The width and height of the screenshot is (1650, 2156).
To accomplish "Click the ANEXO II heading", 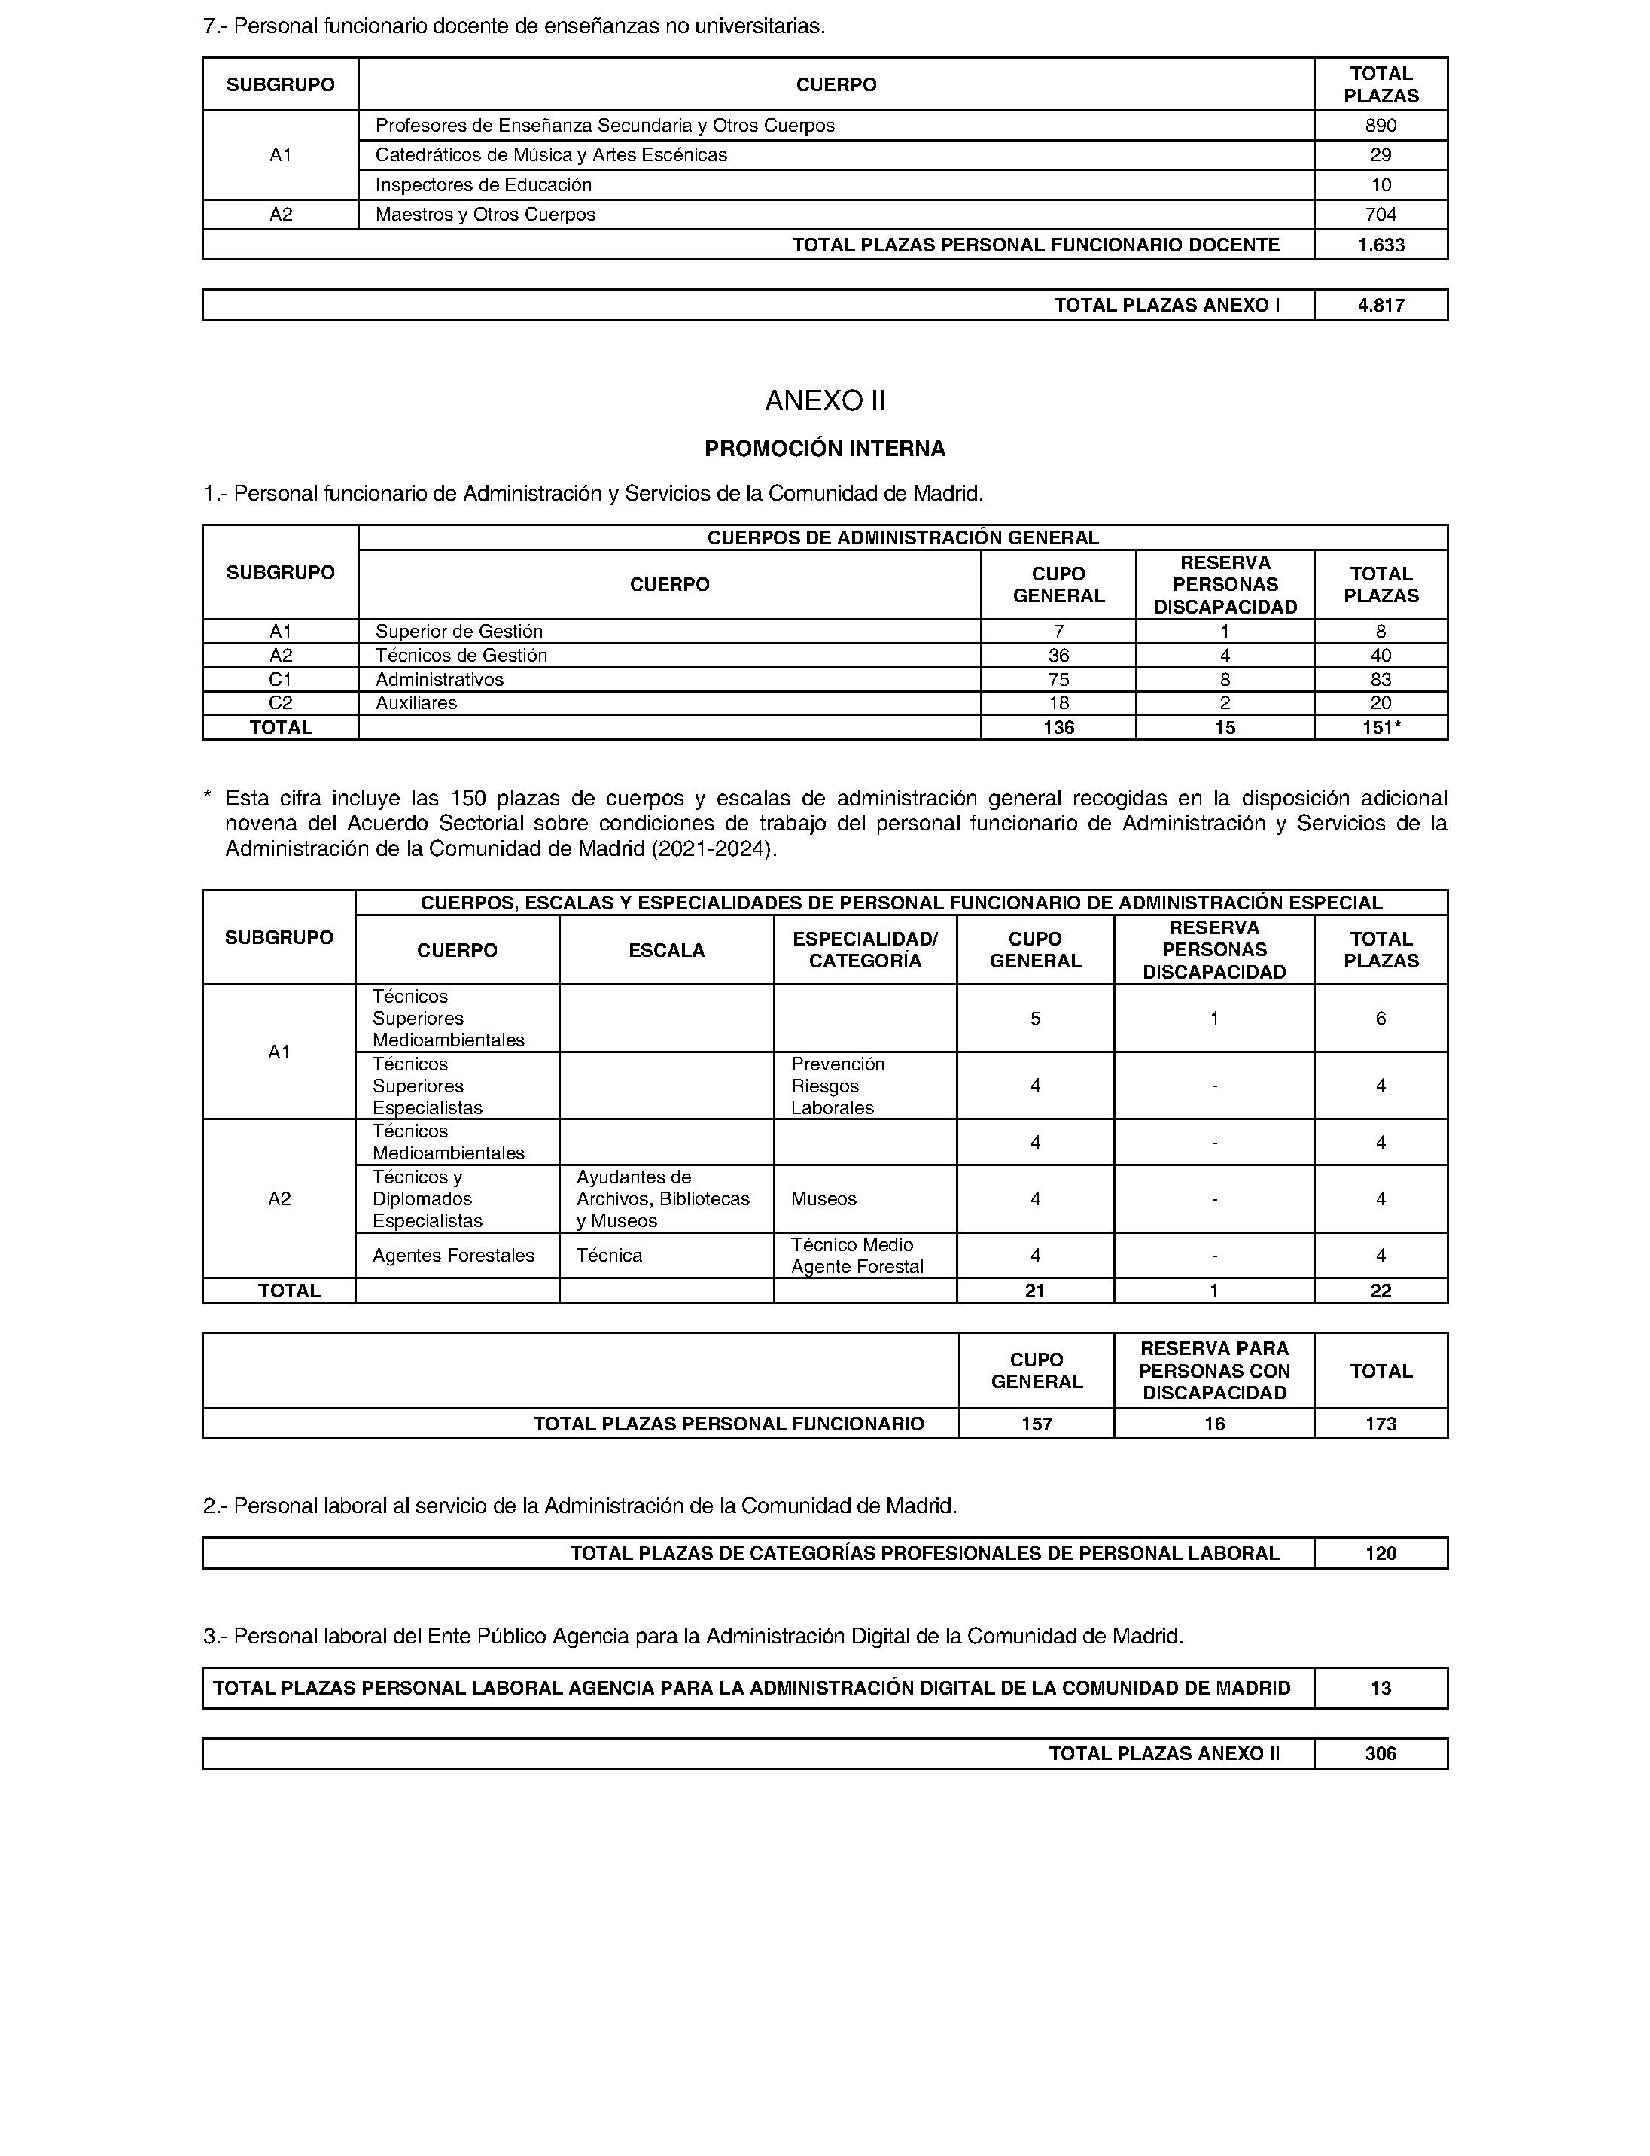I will tap(825, 400).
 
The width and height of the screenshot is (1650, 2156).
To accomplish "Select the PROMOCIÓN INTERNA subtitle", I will tap(825, 449).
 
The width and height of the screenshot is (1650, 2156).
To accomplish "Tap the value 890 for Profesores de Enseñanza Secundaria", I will tap(1380, 126).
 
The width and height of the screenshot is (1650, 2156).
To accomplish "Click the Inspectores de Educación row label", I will tap(483, 184).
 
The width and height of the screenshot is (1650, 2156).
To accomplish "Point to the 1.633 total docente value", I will tap(1381, 245).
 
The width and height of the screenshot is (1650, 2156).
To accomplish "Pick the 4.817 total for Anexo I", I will tap(1381, 306).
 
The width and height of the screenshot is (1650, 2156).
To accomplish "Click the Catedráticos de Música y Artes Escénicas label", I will tap(551, 155).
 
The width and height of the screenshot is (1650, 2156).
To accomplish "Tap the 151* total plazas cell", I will tap(1381, 728).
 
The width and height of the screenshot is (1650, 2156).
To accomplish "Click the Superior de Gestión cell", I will tap(458, 632).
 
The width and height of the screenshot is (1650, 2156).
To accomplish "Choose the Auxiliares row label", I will tap(416, 703).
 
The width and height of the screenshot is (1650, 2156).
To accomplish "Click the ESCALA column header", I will tap(666, 951).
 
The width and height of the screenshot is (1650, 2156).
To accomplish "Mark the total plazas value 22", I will tap(1380, 1290).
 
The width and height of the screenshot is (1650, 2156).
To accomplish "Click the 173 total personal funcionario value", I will tap(1380, 1424).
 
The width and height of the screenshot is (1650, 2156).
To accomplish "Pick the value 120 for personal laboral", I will tap(1380, 1554).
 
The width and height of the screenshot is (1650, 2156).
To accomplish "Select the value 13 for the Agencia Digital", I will tap(1380, 1689).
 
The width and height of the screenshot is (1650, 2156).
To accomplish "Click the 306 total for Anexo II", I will tap(1380, 1754).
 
